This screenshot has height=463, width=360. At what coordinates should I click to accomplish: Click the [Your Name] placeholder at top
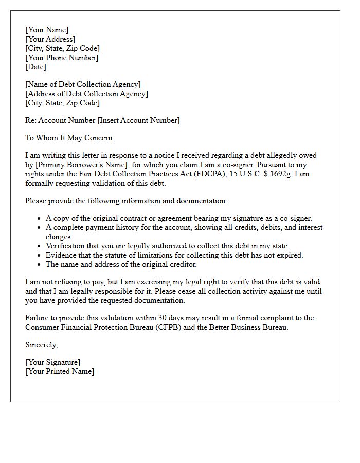[x=47, y=30]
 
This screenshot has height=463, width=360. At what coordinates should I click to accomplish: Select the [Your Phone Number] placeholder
[x=62, y=58]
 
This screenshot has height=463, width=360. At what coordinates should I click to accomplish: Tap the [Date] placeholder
[x=35, y=67]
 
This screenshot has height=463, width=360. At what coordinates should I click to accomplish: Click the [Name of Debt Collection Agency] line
[x=83, y=84]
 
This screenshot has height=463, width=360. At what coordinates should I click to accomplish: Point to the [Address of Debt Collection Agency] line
[x=86, y=94]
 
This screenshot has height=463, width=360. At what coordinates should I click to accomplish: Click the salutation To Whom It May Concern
[x=69, y=138]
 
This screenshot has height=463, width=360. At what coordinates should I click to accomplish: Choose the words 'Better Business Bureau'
[x=245, y=327]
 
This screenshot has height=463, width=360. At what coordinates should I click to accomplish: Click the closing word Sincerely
[x=41, y=345]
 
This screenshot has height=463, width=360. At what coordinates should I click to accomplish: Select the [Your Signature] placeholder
[x=52, y=362]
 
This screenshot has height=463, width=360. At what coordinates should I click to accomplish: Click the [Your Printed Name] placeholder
[x=60, y=371]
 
